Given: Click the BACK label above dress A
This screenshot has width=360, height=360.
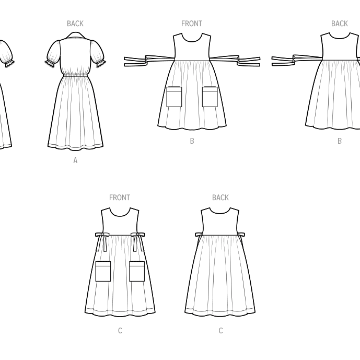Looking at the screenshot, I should coord(75,24).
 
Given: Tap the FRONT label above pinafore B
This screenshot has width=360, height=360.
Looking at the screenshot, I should coord(192,24).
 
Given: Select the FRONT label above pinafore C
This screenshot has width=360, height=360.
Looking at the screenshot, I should coord(120,198).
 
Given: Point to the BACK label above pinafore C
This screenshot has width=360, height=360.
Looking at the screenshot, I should coord(220,198).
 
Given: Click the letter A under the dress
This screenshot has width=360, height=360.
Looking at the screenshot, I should coord(75,161).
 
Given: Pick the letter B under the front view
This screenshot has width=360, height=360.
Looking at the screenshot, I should coord(192,141).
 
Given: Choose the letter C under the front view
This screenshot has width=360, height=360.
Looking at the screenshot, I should coord(120,331).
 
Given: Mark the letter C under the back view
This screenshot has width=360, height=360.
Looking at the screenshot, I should coord(220,331).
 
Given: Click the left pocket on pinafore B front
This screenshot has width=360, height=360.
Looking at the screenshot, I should coord(174,97).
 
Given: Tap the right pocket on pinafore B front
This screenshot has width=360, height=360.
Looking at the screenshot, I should coord(210,97).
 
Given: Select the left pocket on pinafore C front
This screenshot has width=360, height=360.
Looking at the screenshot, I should coord(103,271).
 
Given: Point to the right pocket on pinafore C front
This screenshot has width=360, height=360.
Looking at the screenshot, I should coord(137,271).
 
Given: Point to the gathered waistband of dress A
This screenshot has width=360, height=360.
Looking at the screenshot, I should coord(75,76).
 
